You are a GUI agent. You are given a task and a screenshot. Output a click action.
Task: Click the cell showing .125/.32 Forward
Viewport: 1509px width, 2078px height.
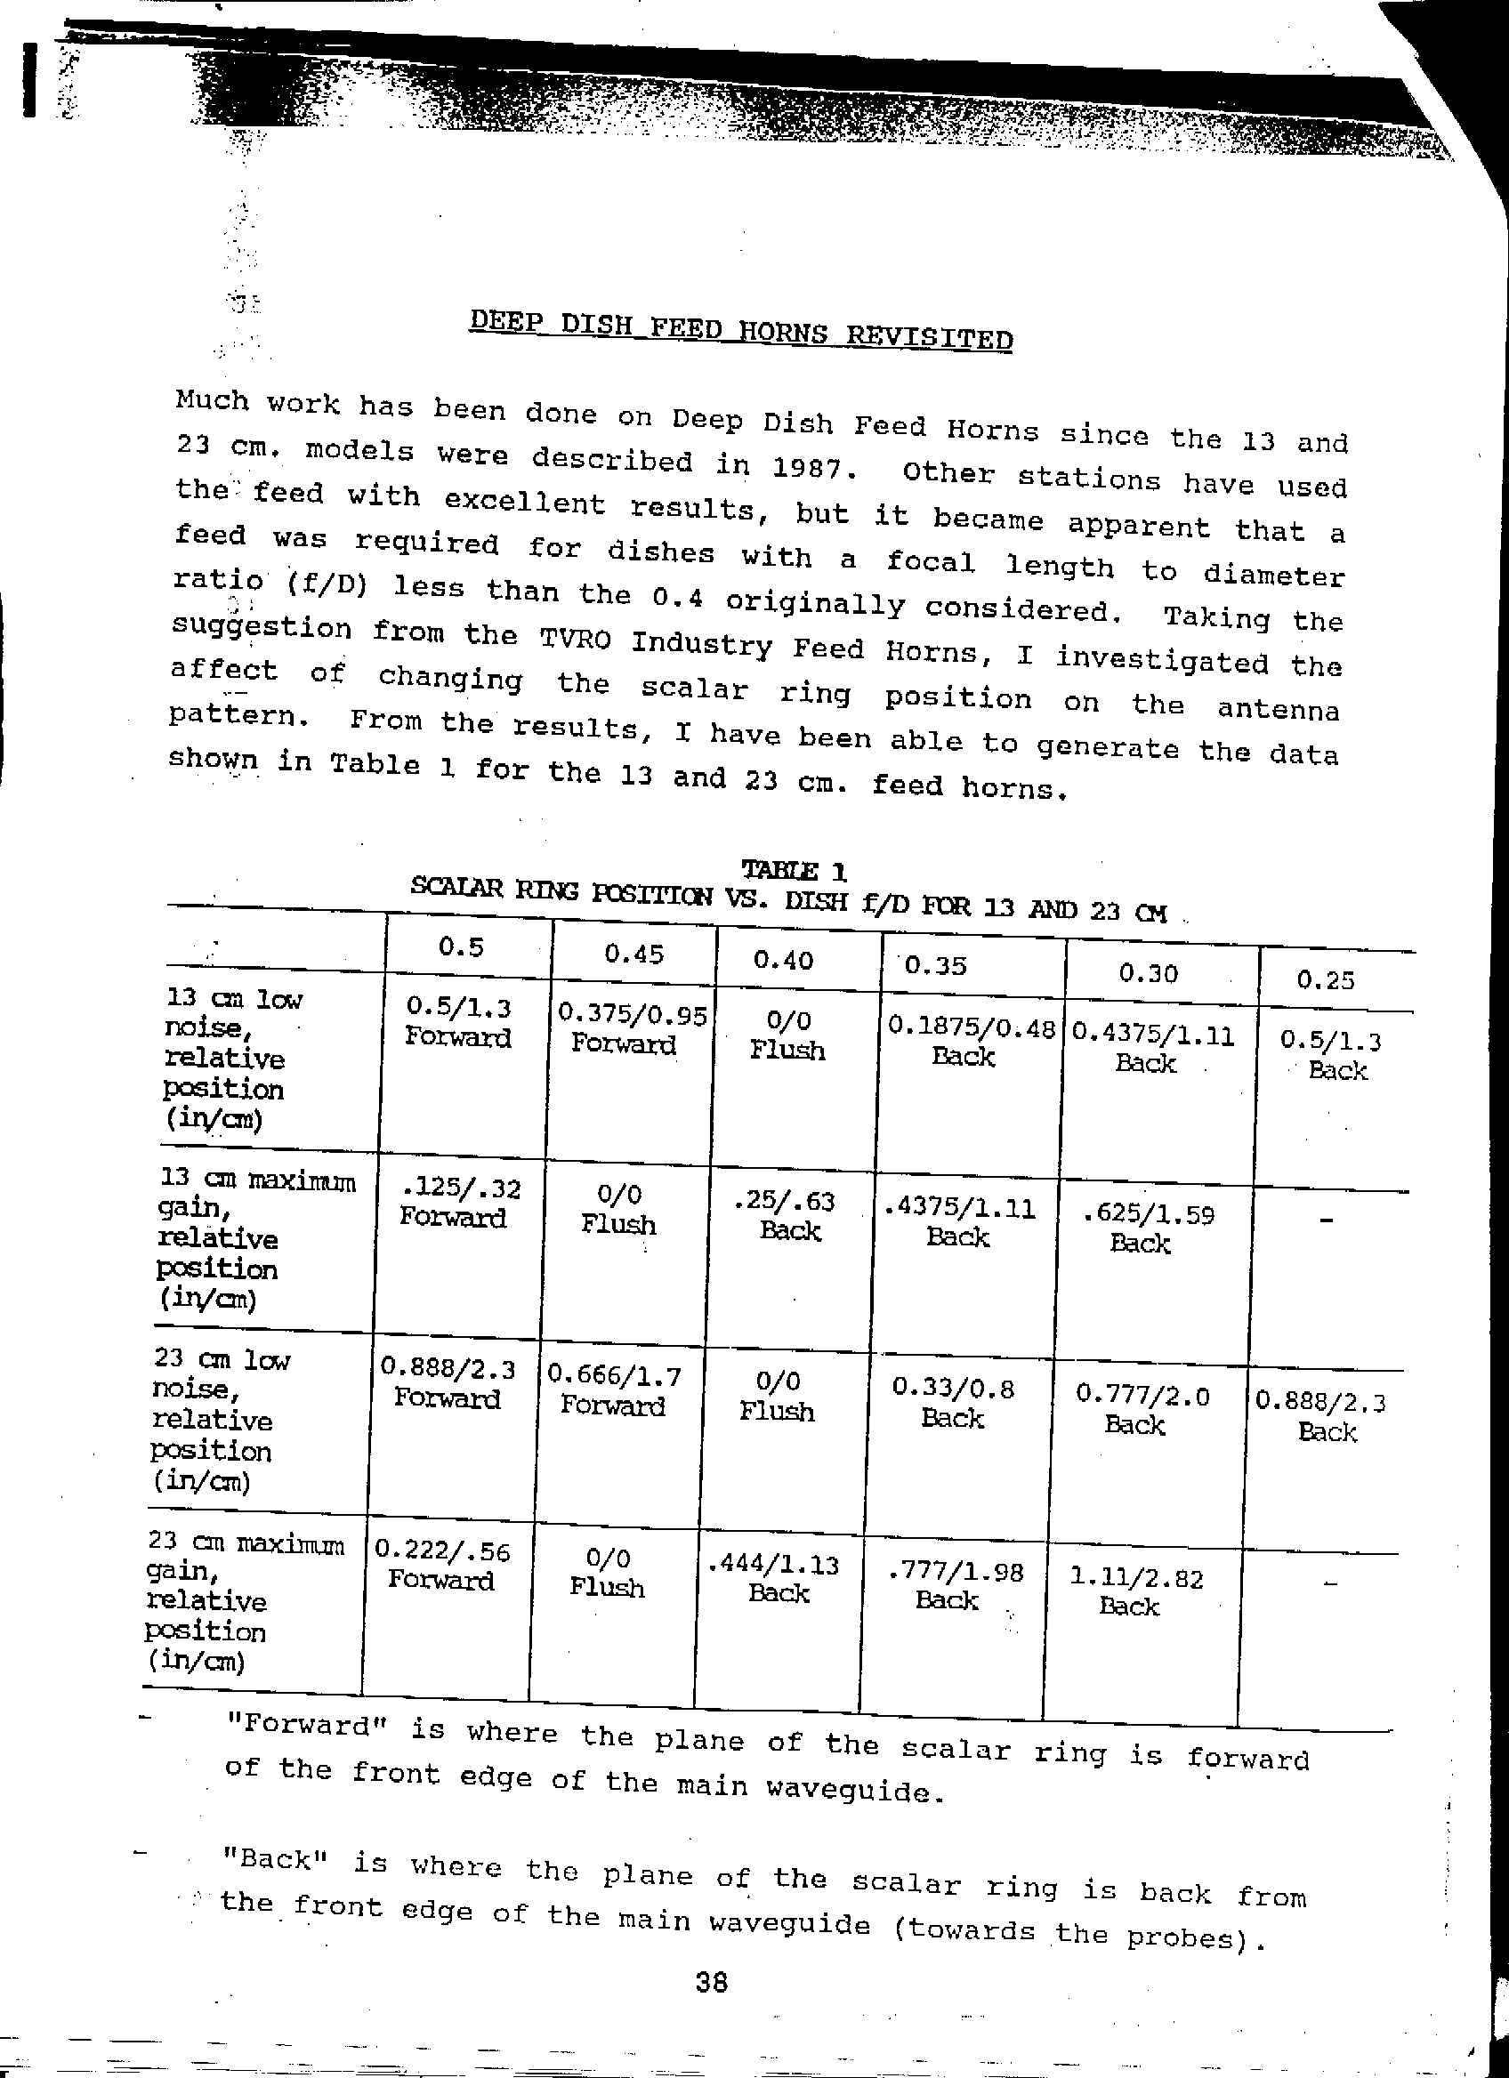pyautogui.click(x=460, y=1203)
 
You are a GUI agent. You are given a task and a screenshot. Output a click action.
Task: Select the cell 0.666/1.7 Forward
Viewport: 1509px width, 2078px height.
pyautogui.click(x=613, y=1389)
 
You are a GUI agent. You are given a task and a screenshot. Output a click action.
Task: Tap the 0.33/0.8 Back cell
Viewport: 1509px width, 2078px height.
pyautogui.click(x=953, y=1403)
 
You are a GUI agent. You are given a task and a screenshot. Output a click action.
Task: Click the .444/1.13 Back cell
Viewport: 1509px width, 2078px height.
pyautogui.click(x=777, y=1578)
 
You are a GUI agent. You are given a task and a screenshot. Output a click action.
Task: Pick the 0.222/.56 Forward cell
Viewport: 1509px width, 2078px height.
pyautogui.click(x=441, y=1564)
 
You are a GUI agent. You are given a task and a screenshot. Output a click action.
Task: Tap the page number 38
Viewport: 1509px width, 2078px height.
pyautogui.click(x=711, y=1983)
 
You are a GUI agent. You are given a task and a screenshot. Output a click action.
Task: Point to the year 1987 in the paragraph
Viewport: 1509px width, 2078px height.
pyautogui.click(x=811, y=467)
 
